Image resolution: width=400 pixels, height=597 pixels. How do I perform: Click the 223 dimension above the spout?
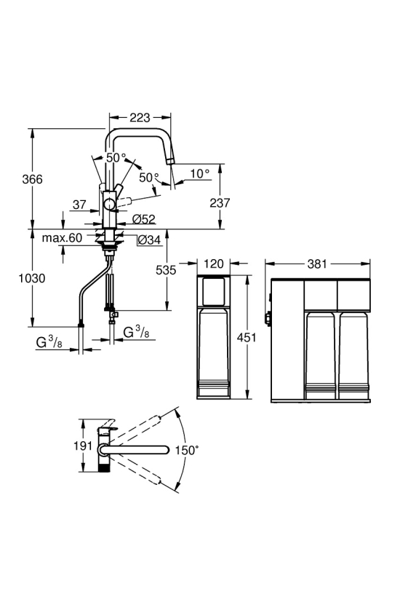point(140,118)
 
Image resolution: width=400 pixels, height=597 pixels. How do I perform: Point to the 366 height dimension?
point(32,179)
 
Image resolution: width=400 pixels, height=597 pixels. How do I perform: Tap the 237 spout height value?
point(220,202)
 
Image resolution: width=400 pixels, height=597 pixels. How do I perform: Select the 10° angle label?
point(199,173)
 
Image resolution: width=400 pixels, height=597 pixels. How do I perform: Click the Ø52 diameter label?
point(144,219)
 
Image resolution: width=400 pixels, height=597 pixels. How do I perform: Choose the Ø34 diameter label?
point(149,240)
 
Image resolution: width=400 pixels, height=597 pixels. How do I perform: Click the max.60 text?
point(62,238)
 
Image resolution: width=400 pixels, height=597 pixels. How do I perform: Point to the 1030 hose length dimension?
point(32,278)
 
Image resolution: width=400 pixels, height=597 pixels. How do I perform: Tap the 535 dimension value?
point(166,270)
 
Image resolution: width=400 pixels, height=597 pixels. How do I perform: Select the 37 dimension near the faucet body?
point(79,205)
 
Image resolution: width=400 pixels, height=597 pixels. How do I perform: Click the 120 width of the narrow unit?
point(214,264)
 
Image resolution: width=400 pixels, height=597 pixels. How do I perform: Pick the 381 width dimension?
point(317,264)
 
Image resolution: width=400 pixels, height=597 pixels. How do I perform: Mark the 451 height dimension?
point(247,337)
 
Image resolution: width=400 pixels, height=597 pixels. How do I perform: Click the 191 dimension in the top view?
point(83,446)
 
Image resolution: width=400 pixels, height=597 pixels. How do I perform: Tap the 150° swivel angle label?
point(187,451)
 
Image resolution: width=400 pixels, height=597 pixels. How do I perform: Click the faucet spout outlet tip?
point(170,162)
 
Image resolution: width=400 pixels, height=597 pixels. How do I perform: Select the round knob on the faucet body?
point(111,205)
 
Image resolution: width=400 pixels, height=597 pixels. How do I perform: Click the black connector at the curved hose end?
point(81,325)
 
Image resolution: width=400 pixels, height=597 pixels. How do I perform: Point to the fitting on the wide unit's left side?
point(268,317)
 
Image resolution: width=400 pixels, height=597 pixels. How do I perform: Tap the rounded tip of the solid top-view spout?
point(166,450)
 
